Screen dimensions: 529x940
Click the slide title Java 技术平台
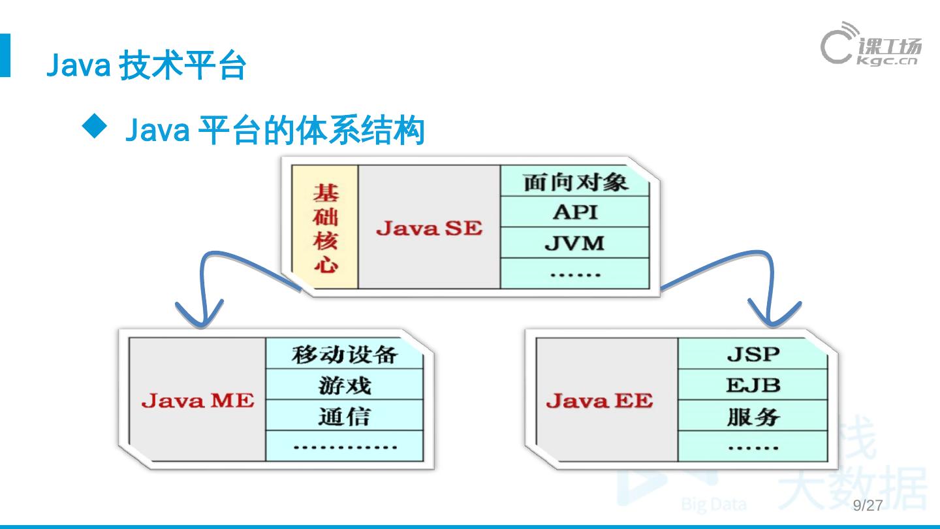tap(146, 66)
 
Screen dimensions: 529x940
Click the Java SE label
tap(429, 228)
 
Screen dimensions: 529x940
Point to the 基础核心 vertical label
tap(325, 227)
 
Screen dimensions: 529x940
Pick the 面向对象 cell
tap(574, 182)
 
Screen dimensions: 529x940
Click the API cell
tap(574, 212)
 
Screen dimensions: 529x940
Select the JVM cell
tap(574, 243)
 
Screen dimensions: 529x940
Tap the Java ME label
tap(197, 400)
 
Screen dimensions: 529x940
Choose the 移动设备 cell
tap(344, 355)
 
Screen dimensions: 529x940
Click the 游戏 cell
tap(344, 385)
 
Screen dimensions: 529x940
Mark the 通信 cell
tap(344, 416)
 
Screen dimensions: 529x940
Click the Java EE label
tap(599, 400)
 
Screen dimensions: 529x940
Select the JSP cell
tap(753, 355)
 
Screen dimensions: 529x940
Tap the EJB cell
tap(753, 385)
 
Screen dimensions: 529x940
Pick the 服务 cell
tap(753, 416)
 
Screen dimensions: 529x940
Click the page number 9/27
tap(868, 505)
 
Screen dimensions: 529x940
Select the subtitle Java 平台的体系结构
tap(274, 130)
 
